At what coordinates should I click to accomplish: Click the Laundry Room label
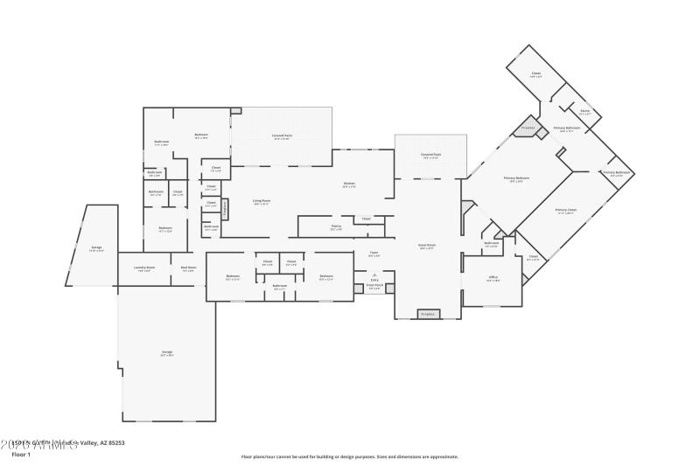pos(143,269)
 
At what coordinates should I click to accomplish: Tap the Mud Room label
pos(188,269)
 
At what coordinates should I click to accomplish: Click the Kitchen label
pos(349,184)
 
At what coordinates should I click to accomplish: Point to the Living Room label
pos(262,202)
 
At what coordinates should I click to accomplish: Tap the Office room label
pos(493,279)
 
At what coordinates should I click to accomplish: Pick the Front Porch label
pos(374,287)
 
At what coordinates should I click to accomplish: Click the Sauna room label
pos(584,112)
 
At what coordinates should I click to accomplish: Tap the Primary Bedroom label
pos(516,179)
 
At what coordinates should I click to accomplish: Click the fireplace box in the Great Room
pos(428,313)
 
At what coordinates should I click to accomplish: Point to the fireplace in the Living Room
pos(225,209)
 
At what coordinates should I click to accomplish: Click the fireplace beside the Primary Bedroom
pos(528,128)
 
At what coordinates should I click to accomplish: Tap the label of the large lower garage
pos(166,354)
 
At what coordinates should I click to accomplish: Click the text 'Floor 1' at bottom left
pos(21,455)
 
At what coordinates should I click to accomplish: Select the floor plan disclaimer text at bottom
pos(350,456)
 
